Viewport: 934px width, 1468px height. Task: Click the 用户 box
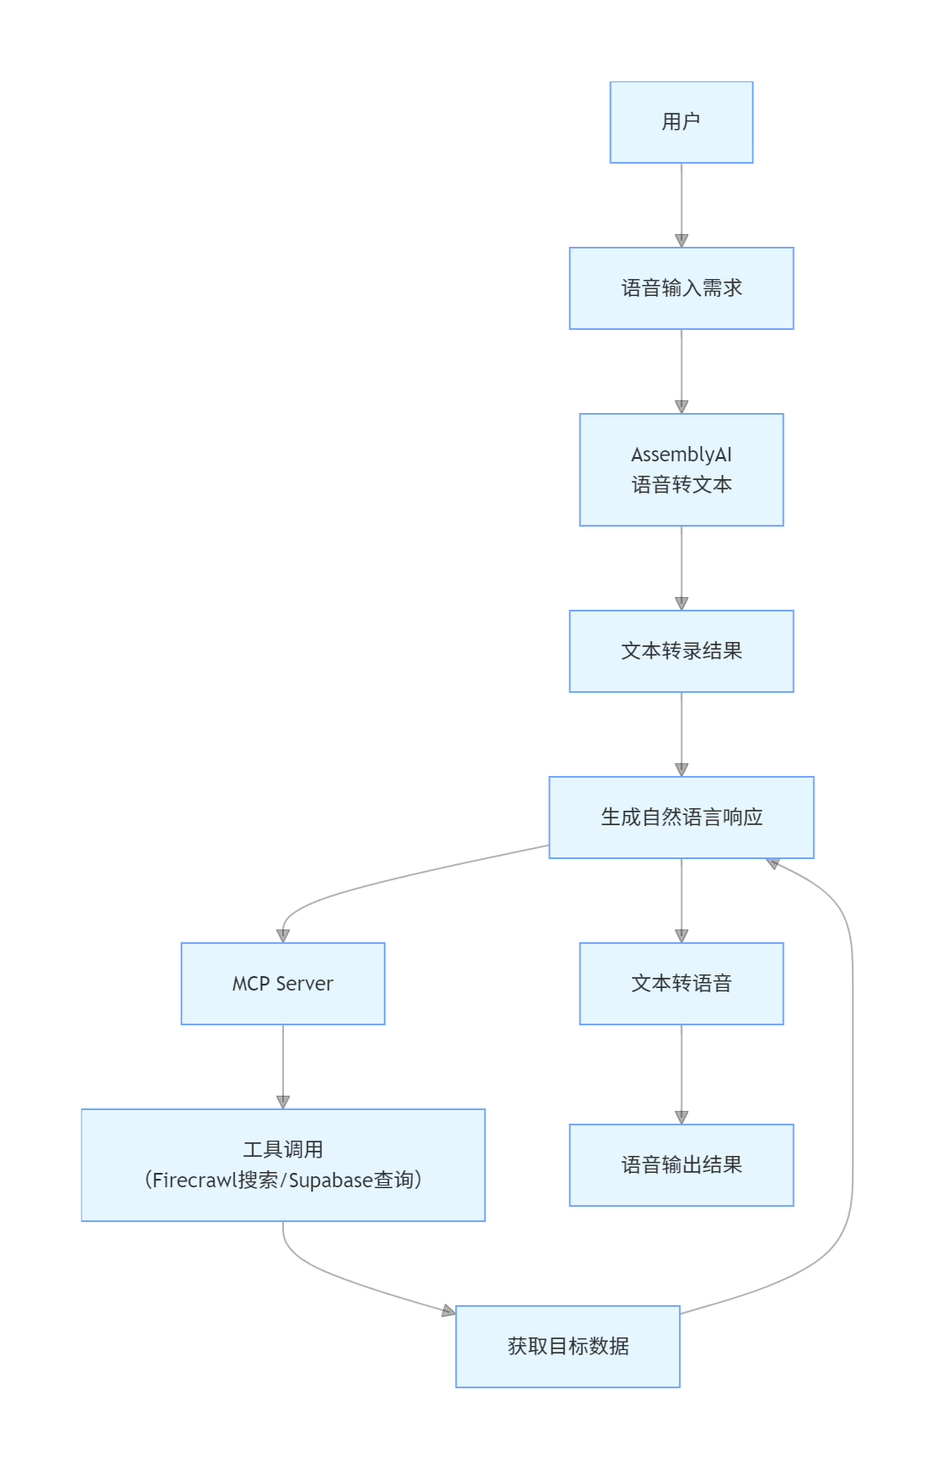pyautogui.click(x=681, y=122)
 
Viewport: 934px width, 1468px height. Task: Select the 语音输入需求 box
pyautogui.click(x=681, y=288)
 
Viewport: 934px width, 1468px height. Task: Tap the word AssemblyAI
pyautogui.click(x=681, y=455)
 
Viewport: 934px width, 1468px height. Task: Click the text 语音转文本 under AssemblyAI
pyautogui.click(x=681, y=485)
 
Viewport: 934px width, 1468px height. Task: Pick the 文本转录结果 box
pyautogui.click(x=681, y=651)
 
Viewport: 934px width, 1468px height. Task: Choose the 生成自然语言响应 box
pyautogui.click(x=681, y=818)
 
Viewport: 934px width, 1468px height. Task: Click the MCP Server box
pyautogui.click(x=282, y=984)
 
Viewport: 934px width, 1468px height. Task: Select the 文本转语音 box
pyautogui.click(x=681, y=984)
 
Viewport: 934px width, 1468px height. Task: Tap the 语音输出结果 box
pyautogui.click(x=681, y=1165)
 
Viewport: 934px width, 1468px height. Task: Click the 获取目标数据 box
pyautogui.click(x=567, y=1347)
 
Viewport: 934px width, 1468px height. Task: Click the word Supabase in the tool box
pyautogui.click(x=331, y=1181)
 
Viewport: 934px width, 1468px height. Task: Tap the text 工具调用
pyautogui.click(x=282, y=1150)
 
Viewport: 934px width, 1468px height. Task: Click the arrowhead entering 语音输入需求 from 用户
pyautogui.click(x=681, y=241)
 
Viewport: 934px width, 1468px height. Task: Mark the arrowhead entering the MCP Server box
pyautogui.click(x=283, y=936)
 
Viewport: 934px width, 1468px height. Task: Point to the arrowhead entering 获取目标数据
pyautogui.click(x=448, y=1311)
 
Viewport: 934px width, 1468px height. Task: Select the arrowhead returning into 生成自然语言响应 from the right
pyautogui.click(x=773, y=863)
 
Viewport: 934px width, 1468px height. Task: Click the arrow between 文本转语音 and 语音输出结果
pyautogui.click(x=681, y=1073)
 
